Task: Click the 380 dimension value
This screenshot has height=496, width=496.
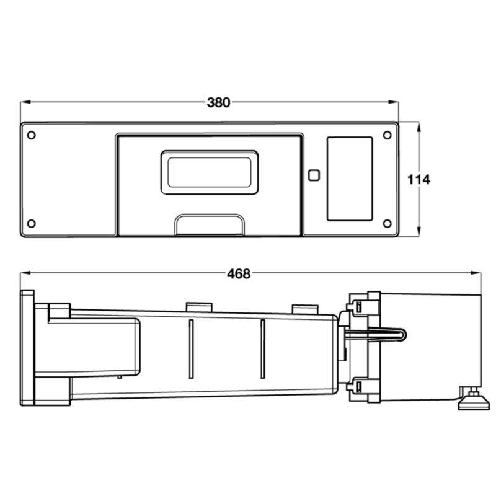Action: [x=218, y=102]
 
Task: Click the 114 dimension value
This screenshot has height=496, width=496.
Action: [x=419, y=180]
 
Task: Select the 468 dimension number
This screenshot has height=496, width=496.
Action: [x=239, y=273]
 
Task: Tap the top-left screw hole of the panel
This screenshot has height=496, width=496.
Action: [x=32, y=135]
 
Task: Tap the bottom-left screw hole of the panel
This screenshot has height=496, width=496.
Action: [x=32, y=224]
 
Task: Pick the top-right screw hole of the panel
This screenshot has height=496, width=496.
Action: [x=387, y=135]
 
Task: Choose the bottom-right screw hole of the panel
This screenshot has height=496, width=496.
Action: [x=387, y=224]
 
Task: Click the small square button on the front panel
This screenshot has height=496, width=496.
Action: [x=314, y=175]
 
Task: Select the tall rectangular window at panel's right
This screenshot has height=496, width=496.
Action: [x=350, y=179]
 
